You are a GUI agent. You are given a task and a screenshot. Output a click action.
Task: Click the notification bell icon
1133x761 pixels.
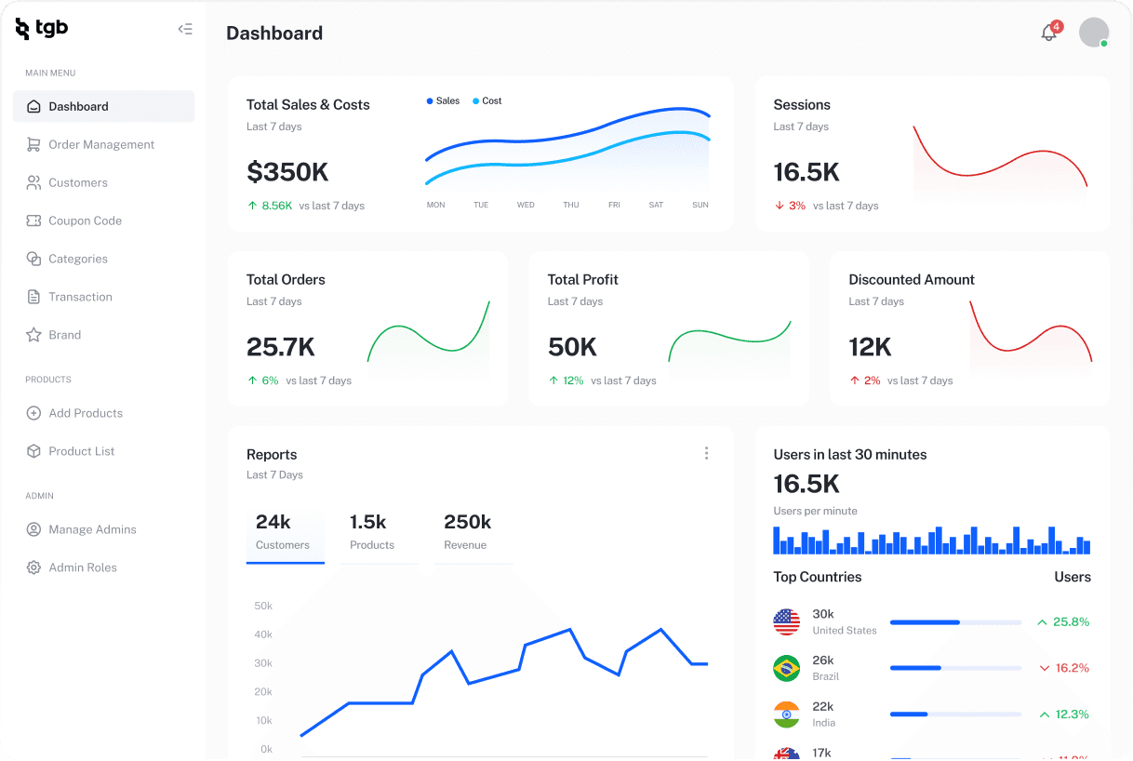(x=1048, y=33)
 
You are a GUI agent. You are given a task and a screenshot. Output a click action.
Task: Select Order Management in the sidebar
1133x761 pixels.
(x=100, y=144)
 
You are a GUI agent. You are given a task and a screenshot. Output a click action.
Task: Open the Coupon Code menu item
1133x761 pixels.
(x=85, y=220)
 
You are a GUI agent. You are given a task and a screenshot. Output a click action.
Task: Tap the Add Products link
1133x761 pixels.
(x=85, y=413)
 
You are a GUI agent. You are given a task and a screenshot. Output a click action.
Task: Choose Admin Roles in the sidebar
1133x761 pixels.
(x=82, y=567)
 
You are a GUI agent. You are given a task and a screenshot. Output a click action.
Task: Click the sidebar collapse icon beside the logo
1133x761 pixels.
(x=185, y=29)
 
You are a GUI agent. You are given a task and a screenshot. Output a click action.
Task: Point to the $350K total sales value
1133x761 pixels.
(x=287, y=172)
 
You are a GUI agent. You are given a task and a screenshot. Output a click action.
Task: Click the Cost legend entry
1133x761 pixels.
(x=487, y=100)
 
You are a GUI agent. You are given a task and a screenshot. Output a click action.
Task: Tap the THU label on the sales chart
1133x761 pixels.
(x=571, y=205)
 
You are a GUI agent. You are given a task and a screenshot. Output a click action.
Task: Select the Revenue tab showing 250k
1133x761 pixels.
(x=467, y=531)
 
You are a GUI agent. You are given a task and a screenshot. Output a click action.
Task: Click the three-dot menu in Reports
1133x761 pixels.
(x=706, y=453)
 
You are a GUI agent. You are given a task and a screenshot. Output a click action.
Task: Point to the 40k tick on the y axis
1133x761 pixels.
(x=263, y=634)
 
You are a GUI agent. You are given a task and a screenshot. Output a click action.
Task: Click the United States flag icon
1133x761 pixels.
(x=787, y=621)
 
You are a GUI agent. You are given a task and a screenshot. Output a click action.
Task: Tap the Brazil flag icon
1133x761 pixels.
(x=787, y=668)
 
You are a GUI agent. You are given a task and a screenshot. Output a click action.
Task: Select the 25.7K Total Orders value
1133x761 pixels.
(x=281, y=347)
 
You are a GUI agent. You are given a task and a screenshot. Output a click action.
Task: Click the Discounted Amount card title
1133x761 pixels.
(x=911, y=279)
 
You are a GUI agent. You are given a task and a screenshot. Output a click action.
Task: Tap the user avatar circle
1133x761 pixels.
(x=1093, y=33)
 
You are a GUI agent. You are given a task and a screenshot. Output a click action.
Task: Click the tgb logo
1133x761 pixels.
(x=42, y=29)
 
